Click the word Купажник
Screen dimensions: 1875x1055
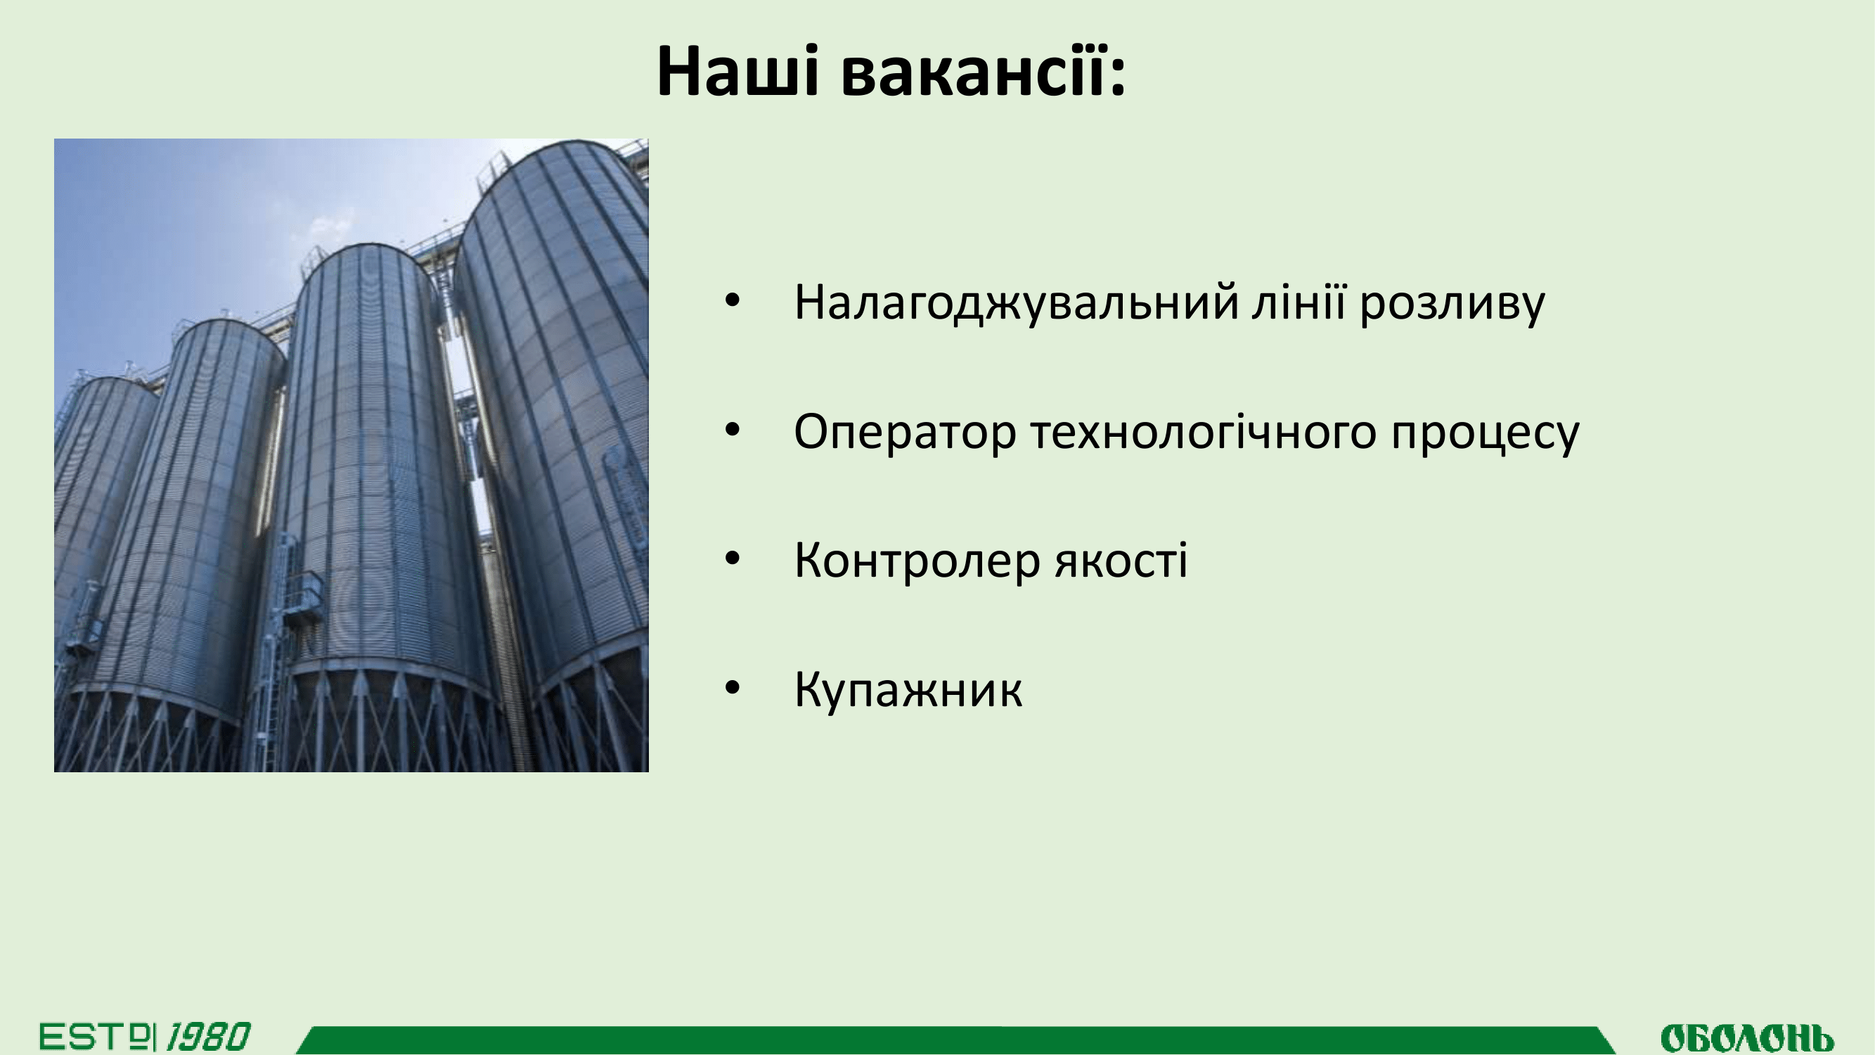908,689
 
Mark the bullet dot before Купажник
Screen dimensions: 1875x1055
733,687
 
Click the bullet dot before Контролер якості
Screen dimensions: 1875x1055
733,558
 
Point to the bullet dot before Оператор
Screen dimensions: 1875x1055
733,430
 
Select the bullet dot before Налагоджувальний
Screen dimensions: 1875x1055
733,301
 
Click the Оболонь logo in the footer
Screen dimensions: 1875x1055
1747,1037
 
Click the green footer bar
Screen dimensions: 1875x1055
955,1040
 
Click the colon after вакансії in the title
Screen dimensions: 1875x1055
1118,77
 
